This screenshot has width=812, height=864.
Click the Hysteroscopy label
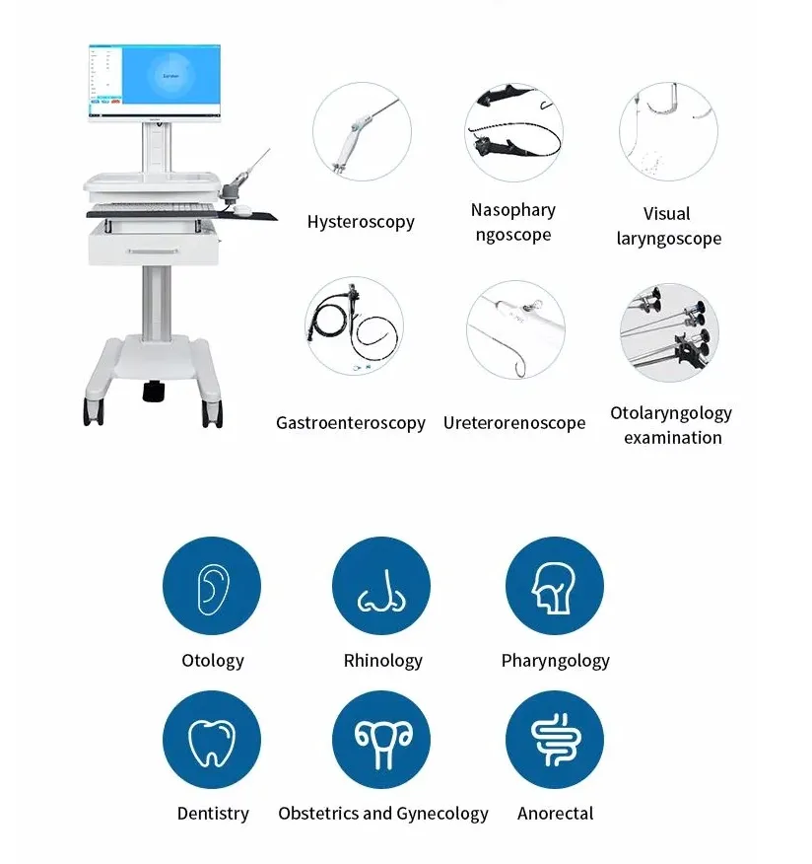tap(361, 222)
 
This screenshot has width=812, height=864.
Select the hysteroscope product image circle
tap(362, 131)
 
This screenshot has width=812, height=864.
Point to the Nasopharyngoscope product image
tap(512, 131)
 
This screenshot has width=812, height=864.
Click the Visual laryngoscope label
tap(668, 226)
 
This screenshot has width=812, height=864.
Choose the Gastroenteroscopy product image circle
tap(354, 326)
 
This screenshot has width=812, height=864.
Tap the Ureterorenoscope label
tap(513, 423)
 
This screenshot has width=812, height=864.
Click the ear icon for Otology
tap(212, 587)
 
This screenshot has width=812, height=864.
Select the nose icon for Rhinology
tap(381, 587)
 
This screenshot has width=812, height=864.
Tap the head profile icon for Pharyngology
tap(554, 587)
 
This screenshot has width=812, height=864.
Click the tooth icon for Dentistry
tap(212, 741)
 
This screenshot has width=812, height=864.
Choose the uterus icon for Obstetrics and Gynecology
tap(381, 741)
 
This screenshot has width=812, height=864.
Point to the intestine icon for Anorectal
tap(554, 741)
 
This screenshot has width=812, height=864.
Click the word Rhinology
tap(382, 661)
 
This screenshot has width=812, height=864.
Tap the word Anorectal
tap(555, 814)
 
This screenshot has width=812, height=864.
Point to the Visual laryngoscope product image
tap(668, 131)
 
